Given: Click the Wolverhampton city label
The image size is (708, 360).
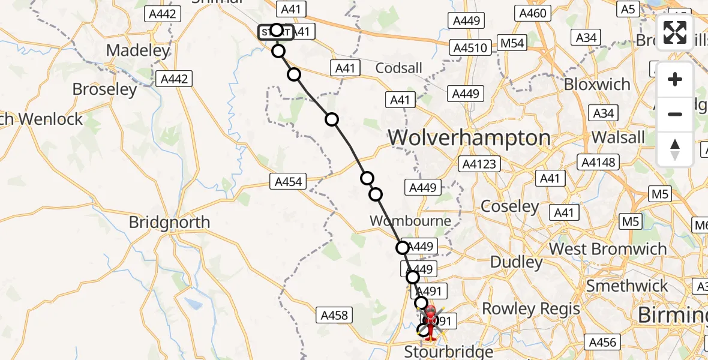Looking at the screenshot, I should [469, 138].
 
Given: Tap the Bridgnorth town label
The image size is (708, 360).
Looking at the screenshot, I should [169, 223].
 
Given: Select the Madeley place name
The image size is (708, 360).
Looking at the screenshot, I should [138, 50].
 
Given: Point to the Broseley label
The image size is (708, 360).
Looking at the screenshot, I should [104, 89].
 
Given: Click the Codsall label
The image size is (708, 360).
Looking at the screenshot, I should [398, 68].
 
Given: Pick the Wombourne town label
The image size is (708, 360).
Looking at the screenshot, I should [410, 221].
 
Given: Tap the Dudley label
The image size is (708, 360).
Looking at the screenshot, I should [516, 262].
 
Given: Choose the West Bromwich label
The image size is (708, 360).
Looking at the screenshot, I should [607, 249].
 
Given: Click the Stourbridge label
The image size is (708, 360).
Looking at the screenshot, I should [448, 351].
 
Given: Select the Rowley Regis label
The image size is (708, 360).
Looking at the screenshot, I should [531, 309].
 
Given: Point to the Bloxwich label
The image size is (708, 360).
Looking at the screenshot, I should [596, 84].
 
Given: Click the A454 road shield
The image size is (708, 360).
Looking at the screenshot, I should [288, 181].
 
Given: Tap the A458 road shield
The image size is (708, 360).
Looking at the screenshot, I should [334, 314].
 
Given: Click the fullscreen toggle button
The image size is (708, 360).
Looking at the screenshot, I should [675, 32].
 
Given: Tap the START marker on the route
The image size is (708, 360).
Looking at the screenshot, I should [275, 32].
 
